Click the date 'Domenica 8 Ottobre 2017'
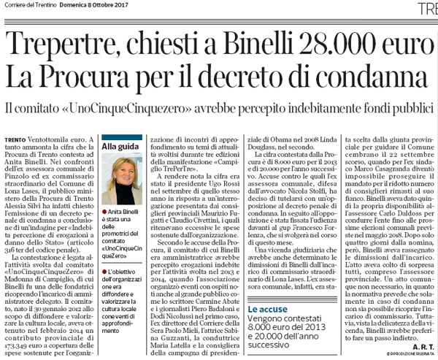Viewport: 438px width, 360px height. [x=93, y=7]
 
